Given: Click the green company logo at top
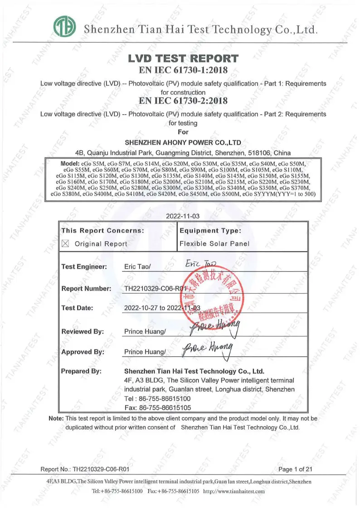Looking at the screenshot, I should click(x=64, y=27).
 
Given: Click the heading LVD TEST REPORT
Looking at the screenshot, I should click(x=183, y=58).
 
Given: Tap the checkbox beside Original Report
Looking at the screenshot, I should click(x=65, y=244).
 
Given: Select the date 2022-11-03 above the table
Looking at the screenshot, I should click(x=183, y=216).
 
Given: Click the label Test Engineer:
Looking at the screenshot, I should click(x=84, y=267).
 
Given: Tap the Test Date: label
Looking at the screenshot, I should click(x=77, y=308).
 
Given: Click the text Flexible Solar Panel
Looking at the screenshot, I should click(x=214, y=244).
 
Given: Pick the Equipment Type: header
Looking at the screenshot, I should click(x=210, y=231).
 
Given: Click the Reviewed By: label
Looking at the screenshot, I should click(x=83, y=331).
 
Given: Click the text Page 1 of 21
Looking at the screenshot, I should click(x=296, y=469).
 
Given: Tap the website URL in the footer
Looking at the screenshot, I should click(x=234, y=491).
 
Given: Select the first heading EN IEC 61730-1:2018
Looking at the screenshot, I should click(x=183, y=70).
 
